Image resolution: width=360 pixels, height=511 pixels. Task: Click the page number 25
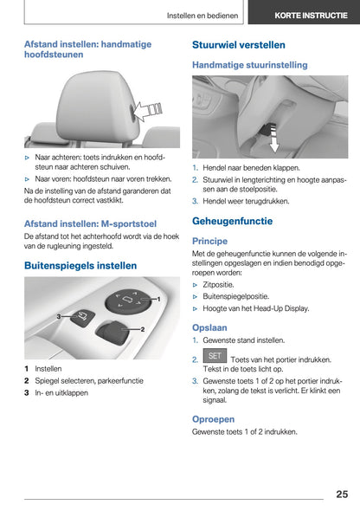pos(341,494)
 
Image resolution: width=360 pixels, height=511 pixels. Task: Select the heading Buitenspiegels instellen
pos(80,265)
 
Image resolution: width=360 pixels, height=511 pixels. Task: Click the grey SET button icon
pos(215,356)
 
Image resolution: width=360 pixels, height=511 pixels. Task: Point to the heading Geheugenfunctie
pos(232,221)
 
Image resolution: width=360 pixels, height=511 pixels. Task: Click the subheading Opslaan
pos(211,327)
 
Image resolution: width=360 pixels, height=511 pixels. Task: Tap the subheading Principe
pos(210,241)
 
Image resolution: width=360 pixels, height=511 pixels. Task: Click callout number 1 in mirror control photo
pos(158,299)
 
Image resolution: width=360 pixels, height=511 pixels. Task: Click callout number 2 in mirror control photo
pos(142,330)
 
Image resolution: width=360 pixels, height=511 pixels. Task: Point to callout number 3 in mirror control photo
pos(59,318)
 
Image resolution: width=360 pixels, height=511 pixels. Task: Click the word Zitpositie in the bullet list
pos(221,283)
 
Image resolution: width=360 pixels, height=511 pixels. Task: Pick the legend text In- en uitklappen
pos(61,392)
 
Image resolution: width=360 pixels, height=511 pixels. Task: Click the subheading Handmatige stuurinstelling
pos(249,64)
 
